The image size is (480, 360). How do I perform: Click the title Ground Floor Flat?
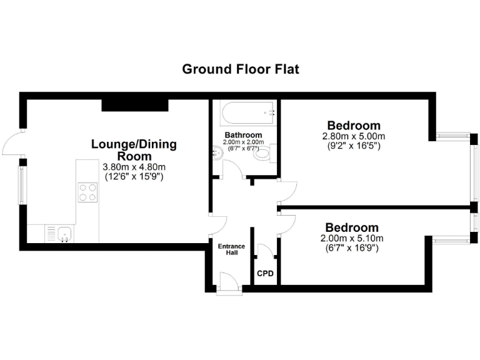click(240, 69)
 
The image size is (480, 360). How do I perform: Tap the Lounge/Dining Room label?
click(134, 150)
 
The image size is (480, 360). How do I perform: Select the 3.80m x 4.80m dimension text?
click(134, 167)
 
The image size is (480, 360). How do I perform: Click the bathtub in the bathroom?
click(247, 113)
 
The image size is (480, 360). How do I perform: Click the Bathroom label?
click(243, 135)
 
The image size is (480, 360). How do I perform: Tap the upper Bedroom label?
click(354, 126)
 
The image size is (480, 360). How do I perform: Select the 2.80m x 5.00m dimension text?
click(354, 136)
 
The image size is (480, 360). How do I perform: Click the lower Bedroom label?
click(351, 227)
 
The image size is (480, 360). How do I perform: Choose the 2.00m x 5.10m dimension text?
click(351, 238)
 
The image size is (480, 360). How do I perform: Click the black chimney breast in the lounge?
click(135, 104)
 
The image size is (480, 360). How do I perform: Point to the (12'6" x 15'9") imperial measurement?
click(134, 177)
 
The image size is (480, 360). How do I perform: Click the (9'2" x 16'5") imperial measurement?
click(354, 146)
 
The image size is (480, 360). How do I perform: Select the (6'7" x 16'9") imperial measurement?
click(351, 248)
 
